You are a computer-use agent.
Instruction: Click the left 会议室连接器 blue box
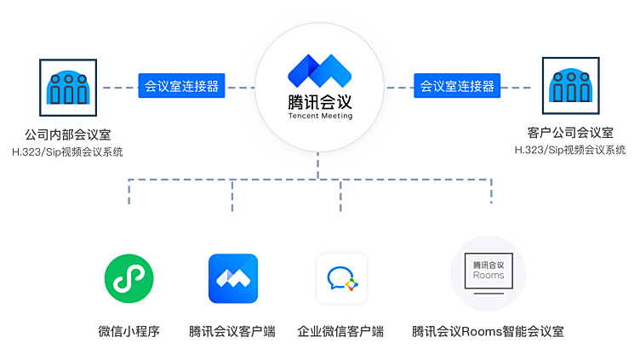181,86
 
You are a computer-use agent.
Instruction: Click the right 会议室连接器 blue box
457,86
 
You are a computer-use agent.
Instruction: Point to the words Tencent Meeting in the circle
320,116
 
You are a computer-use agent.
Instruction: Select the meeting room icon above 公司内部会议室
67,86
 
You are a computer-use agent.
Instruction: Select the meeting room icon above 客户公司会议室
570,85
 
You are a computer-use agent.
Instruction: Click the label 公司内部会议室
67,134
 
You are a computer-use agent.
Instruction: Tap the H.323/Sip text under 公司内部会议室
67,151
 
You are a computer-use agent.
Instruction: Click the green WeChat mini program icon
129,278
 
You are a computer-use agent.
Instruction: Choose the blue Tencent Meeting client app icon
233,278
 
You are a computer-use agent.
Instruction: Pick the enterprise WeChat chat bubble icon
341,278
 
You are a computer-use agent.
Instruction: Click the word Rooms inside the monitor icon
489,275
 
